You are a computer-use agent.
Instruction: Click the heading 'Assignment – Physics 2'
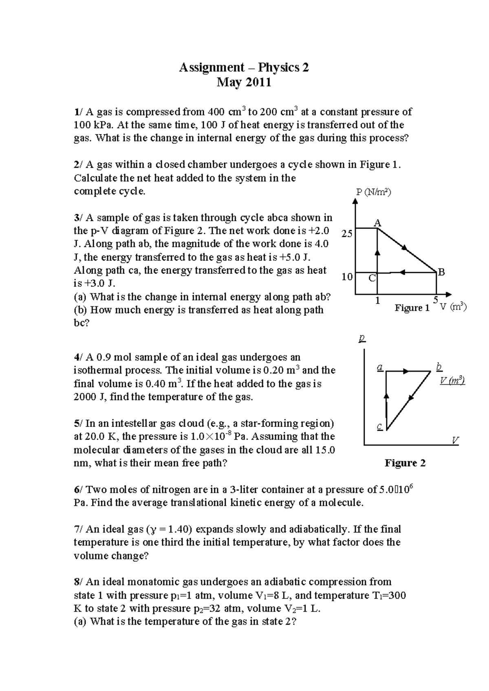244,67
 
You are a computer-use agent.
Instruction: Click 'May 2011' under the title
244,83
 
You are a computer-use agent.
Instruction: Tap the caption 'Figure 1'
412,308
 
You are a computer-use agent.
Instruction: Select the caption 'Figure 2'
405,463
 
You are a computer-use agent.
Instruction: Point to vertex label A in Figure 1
377,223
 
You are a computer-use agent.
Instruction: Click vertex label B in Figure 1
441,272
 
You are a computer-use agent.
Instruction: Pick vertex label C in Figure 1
372,278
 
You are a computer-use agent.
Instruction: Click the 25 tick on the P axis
347,234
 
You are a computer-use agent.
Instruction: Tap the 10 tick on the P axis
347,277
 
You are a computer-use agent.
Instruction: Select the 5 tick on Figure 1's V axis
436,300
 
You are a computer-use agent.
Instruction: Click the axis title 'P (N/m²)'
373,192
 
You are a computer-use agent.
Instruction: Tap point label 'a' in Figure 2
380,367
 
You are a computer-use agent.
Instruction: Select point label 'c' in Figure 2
379,427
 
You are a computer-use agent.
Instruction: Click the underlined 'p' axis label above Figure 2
362,338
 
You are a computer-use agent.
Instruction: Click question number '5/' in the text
78,423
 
